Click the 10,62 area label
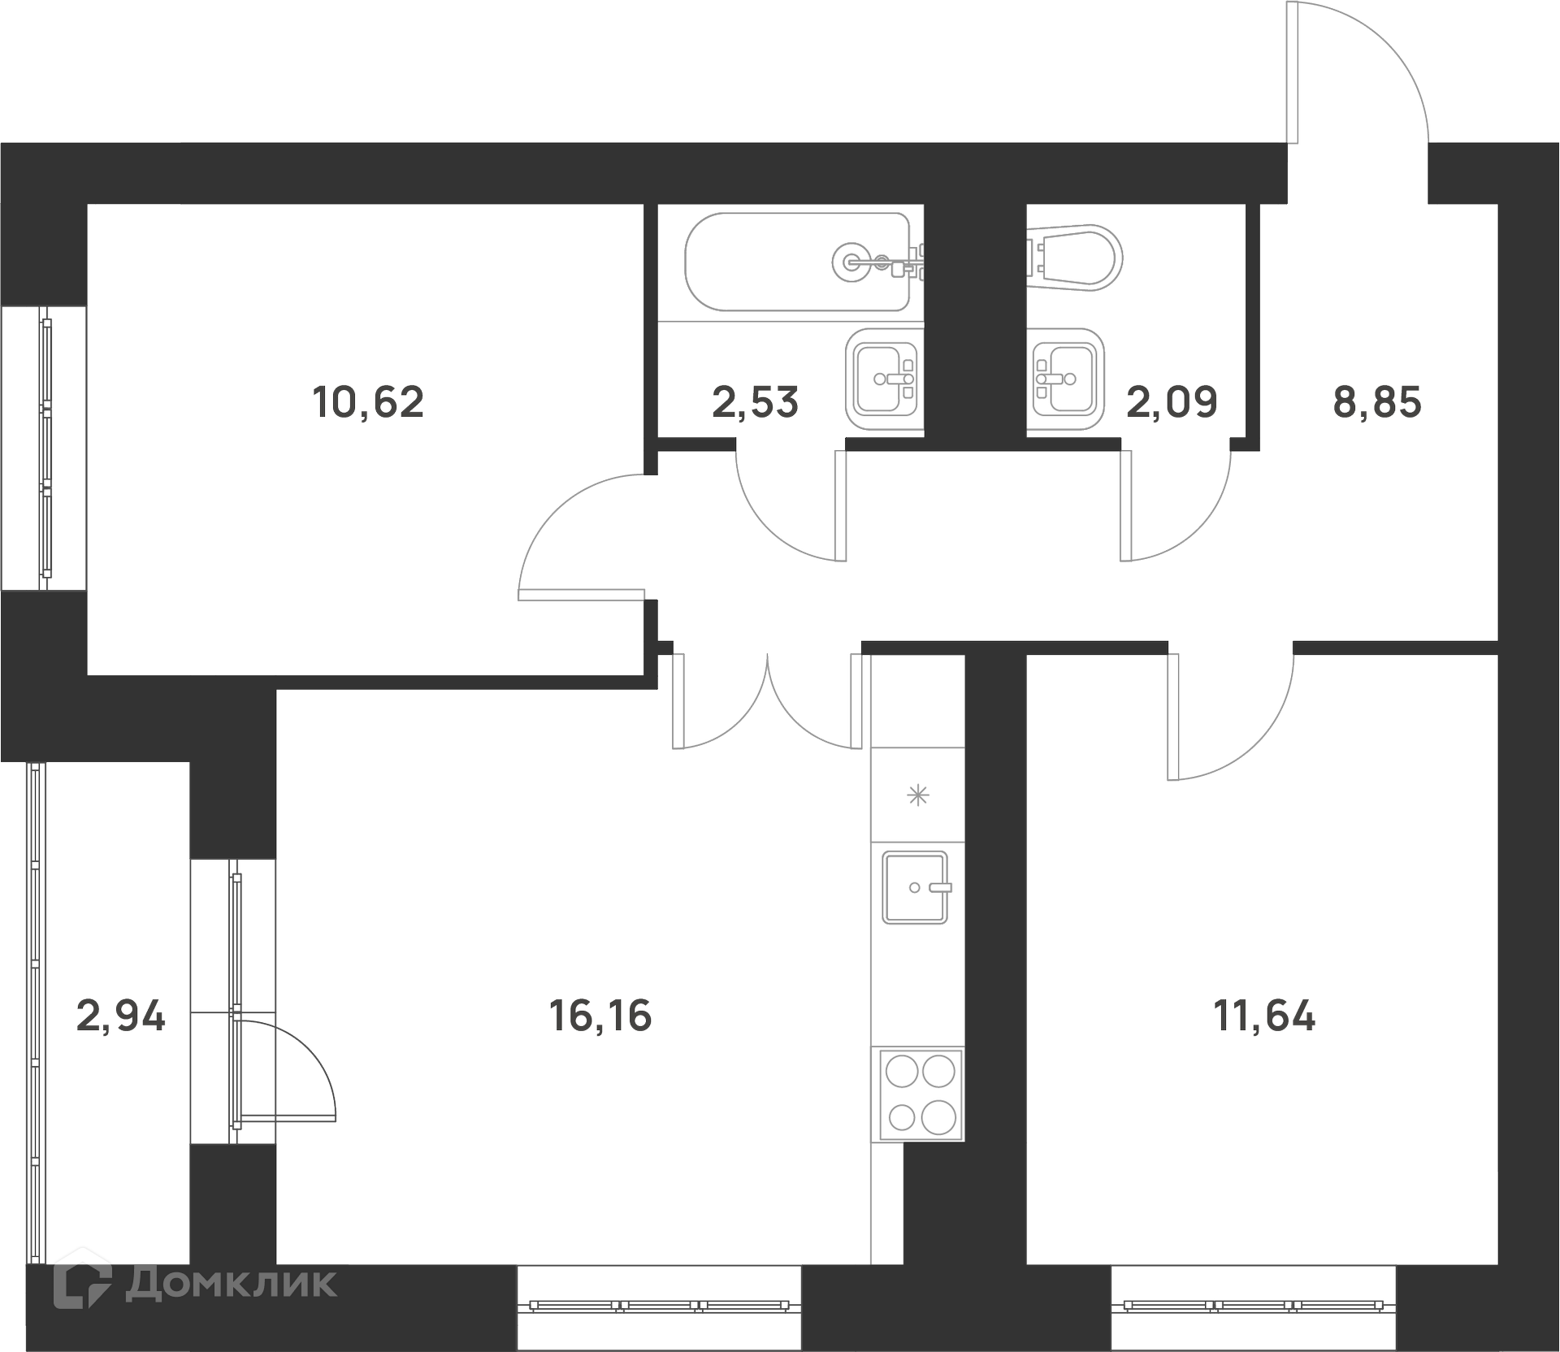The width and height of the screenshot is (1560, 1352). coord(368,402)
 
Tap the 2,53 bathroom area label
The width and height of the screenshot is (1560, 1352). coord(756,402)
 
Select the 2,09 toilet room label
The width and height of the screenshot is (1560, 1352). coord(1172,402)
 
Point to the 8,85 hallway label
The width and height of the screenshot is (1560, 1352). coord(1377,402)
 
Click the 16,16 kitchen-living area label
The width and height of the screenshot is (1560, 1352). coord(601,1016)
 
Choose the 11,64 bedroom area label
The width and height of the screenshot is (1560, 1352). coord(1264,1016)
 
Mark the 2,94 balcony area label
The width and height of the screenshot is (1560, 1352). coord(121,1016)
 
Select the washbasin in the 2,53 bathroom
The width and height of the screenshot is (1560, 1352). coord(882,379)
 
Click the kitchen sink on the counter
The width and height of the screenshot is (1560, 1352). coord(916,887)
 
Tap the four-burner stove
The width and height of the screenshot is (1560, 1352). coord(921,1094)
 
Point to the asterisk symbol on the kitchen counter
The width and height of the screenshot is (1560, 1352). coord(917,795)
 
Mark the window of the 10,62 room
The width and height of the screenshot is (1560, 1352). coord(45,448)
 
